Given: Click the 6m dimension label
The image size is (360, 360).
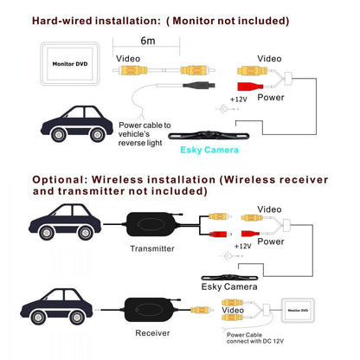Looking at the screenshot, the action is (148, 41).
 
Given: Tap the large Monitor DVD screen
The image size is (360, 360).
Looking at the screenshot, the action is (70, 64).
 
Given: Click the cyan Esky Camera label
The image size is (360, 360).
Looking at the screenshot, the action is (209, 150).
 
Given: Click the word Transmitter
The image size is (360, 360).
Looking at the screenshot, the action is (152, 248).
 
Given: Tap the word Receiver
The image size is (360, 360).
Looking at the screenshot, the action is (152, 333).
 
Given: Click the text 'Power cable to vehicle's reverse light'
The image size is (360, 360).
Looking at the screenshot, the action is (145, 134).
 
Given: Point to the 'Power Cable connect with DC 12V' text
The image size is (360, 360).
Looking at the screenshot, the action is (255, 338).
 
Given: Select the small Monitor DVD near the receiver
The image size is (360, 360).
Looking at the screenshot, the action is (298, 311).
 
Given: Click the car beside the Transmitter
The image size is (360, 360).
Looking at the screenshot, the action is (65, 222).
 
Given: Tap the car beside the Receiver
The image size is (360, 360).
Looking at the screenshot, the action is (56, 306).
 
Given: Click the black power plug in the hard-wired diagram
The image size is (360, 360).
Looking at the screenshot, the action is (199, 86).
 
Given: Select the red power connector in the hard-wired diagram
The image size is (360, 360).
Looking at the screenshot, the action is (250, 87).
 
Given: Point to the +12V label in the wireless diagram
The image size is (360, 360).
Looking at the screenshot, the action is (242, 246).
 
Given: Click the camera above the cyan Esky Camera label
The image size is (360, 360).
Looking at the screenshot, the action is (209, 135).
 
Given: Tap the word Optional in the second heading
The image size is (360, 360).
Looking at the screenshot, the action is (60, 180).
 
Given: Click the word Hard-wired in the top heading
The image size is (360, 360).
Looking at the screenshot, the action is (62, 21).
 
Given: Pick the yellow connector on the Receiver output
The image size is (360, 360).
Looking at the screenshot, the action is (202, 311).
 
